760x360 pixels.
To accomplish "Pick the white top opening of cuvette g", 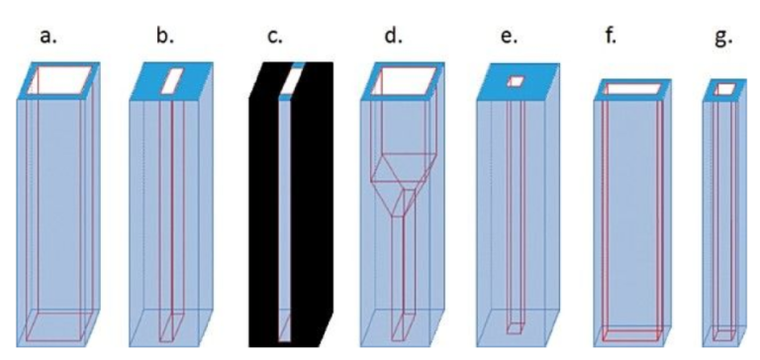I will [725, 90].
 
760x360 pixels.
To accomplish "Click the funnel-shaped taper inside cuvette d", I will [401, 183].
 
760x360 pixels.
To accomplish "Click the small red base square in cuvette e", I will [514, 327].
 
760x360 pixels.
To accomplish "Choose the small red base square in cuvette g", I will [725, 333].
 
